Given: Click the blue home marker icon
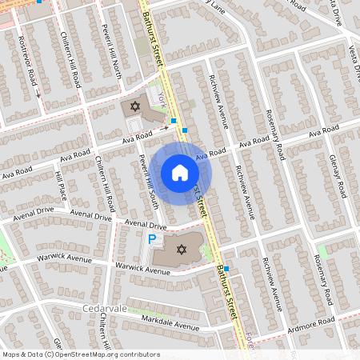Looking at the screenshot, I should tap(179, 173).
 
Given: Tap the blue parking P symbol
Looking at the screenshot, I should tap(152, 239).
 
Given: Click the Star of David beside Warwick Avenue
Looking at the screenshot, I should tap(181, 250).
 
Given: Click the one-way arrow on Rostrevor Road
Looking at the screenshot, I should tap(38, 94).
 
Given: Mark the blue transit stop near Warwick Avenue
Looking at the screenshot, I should tap(226, 269).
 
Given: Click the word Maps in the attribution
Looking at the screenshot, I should tap(11, 354).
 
